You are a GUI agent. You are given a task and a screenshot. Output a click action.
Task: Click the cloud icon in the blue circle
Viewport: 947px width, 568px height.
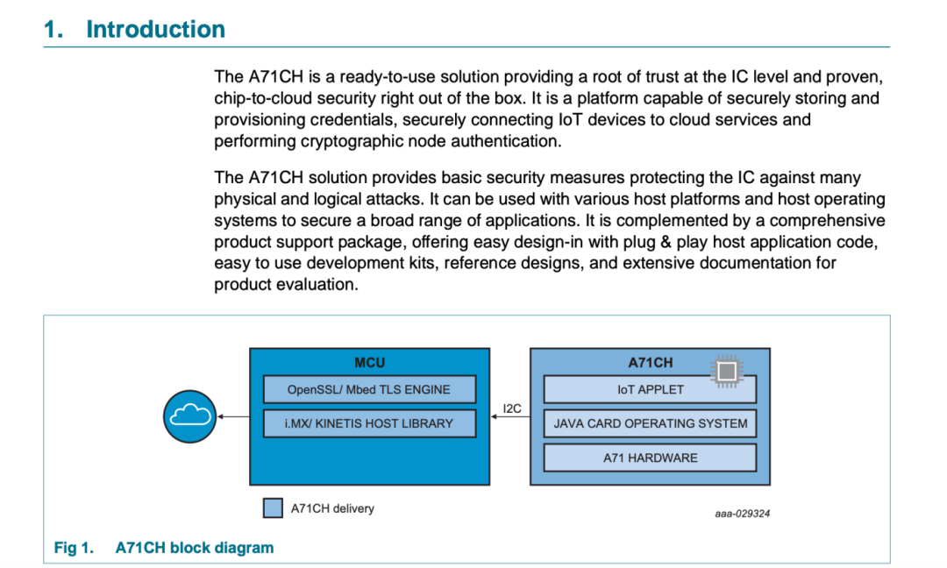coord(190,415)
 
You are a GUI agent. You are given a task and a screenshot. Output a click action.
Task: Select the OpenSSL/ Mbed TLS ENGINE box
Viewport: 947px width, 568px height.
coord(369,389)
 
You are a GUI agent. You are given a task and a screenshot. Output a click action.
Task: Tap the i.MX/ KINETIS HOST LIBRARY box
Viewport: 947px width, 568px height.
coord(369,423)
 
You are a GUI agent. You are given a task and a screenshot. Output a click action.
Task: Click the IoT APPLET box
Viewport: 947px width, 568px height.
coord(650,389)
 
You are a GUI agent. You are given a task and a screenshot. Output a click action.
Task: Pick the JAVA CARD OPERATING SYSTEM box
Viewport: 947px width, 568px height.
coord(650,423)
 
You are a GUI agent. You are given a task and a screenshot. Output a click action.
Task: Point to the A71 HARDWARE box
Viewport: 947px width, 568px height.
coord(650,458)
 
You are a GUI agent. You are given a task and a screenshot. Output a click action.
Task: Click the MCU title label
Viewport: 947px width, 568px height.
coord(370,362)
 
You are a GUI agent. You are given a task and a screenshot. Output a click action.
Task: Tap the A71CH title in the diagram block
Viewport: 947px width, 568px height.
coord(650,362)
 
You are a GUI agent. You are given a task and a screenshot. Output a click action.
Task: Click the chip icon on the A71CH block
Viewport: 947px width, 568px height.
coord(727,371)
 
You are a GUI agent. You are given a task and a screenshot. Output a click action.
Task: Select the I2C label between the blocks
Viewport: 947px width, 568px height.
coord(511,408)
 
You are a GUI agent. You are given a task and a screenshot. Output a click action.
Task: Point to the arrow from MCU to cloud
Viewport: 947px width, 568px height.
coord(233,416)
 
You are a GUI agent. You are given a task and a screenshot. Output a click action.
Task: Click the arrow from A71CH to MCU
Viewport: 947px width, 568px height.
coord(510,416)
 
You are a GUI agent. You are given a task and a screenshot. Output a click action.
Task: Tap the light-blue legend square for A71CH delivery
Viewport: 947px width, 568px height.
coord(273,508)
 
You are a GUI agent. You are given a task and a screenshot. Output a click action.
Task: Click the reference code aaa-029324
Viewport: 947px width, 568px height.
coord(743,514)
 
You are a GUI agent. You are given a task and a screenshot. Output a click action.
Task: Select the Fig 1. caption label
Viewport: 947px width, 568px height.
coord(75,548)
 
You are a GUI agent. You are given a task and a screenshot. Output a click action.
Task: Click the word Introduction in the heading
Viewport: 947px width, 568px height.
coord(156,29)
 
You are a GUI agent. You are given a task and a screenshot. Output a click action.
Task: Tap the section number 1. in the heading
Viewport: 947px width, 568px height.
coord(53,29)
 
